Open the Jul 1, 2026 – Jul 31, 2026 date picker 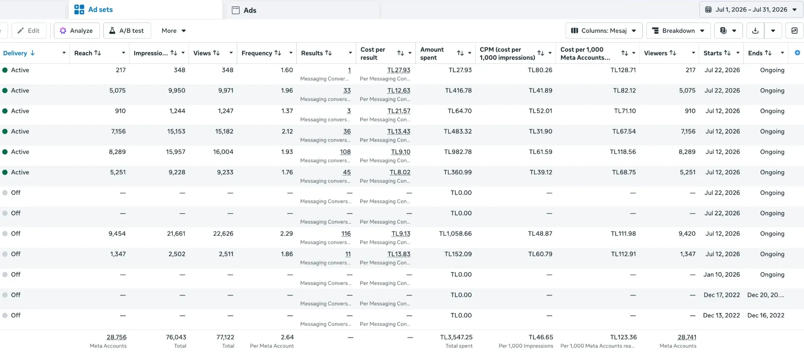click(x=751, y=10)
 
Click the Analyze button click(x=76, y=31)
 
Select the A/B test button click(x=127, y=31)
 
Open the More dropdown click(x=174, y=31)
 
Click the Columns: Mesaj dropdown click(x=604, y=31)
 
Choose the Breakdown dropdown click(x=678, y=31)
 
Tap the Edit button click(x=29, y=31)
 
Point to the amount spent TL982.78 click(x=458, y=152)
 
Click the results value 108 click(x=345, y=152)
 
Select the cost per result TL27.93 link click(x=399, y=70)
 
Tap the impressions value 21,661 click(x=176, y=233)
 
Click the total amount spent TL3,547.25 click(x=456, y=337)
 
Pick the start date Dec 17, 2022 click(x=722, y=295)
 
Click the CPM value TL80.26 click(x=540, y=70)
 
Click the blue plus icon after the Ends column click(x=797, y=53)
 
